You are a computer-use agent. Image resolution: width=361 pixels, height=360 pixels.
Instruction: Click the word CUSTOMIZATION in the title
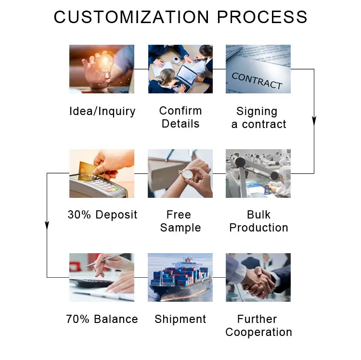point(131,17)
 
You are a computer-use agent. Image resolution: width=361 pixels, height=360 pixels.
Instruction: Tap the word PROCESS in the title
point(262,17)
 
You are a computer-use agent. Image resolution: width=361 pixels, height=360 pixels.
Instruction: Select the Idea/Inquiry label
point(102,111)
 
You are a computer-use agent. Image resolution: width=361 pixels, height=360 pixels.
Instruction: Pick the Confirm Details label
point(180,117)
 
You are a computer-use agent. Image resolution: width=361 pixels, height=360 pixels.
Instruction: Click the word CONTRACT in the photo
point(257,81)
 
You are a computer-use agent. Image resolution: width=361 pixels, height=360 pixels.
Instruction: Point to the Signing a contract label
point(258,117)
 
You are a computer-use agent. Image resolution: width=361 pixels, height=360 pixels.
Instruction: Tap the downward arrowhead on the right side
point(314,120)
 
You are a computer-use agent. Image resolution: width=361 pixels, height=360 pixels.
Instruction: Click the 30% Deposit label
point(102,215)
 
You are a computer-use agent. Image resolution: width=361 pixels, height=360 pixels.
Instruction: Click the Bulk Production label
point(258,221)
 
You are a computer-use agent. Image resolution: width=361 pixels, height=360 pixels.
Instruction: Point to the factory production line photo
point(258,173)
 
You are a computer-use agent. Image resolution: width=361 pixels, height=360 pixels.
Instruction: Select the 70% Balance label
point(102,319)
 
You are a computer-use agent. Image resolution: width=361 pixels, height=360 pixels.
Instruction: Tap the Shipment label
point(180,319)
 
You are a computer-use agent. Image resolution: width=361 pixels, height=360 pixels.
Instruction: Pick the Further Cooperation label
point(258,325)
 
